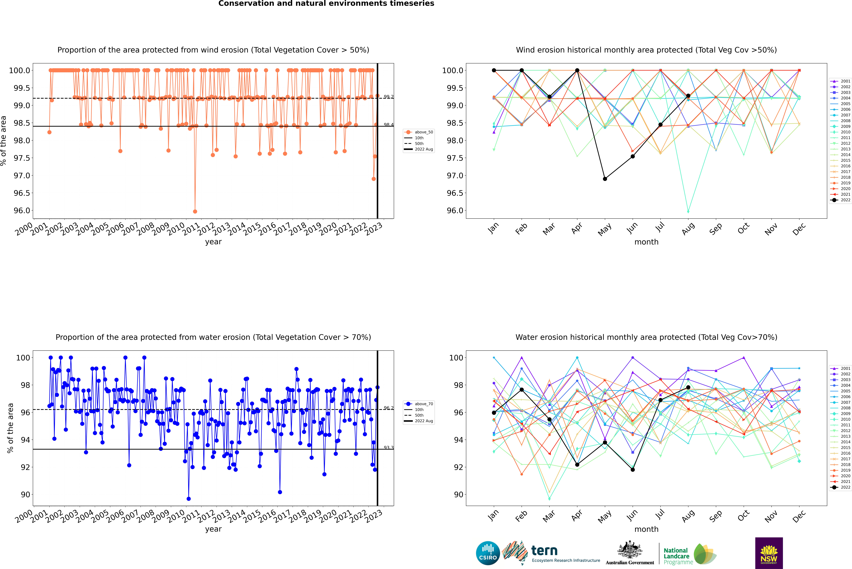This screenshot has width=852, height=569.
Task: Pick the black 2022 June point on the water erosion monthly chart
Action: coord(633,470)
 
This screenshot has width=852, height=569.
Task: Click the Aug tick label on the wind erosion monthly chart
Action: coord(688,229)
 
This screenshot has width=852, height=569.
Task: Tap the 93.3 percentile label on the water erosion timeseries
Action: coord(389,448)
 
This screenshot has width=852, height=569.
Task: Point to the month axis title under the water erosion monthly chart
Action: coord(646,529)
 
